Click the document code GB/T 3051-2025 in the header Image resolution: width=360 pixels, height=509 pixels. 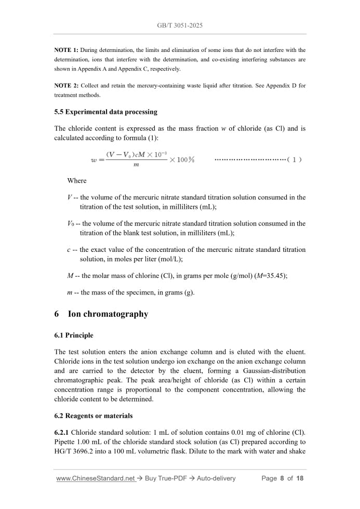click(180, 25)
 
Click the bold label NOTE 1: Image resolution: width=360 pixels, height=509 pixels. click(66, 50)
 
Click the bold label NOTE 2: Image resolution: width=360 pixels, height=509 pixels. click(66, 86)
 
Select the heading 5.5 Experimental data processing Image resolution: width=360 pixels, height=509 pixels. click(105, 112)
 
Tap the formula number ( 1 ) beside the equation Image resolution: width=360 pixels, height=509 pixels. click(295, 160)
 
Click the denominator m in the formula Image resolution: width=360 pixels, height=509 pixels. click(136, 165)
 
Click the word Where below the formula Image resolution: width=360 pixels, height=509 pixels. click(77, 181)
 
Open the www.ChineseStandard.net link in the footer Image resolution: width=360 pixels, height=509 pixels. click(96, 478)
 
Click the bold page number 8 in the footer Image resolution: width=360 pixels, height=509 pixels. click(282, 478)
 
